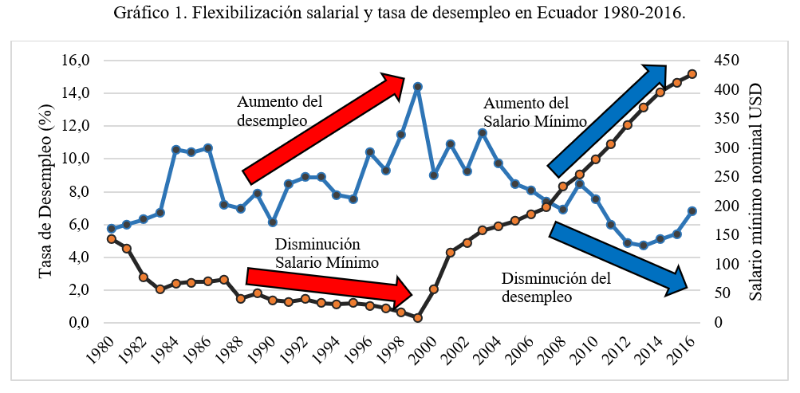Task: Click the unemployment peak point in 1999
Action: coord(417,86)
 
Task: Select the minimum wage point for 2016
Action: coord(692,74)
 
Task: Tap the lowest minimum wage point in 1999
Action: coord(417,318)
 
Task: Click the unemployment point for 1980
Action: coord(111,229)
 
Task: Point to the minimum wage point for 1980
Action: coord(111,239)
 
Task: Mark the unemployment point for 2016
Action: coord(692,211)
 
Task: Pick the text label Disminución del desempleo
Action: coord(556,288)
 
